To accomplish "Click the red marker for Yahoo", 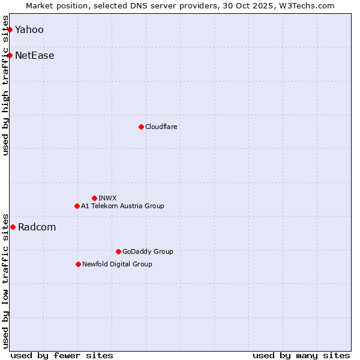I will (x=10, y=29).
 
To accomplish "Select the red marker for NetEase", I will (x=10, y=56).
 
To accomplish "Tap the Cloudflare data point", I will (x=141, y=127).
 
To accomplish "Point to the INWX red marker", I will (x=94, y=198).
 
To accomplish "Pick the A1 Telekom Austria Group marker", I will (x=77, y=206).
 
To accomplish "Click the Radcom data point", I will (x=13, y=227).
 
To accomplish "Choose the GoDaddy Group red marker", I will (x=118, y=251).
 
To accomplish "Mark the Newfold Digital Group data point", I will (x=78, y=264).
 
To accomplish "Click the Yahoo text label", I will (x=29, y=29).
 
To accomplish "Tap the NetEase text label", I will (x=35, y=56).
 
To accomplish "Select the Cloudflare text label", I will (x=161, y=127).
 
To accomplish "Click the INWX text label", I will (x=107, y=198).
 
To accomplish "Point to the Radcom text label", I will (x=37, y=227).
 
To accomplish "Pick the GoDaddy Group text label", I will (x=148, y=251).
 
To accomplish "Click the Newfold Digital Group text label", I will (x=117, y=264).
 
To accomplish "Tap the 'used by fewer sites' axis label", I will (x=62, y=355).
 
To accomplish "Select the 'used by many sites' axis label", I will (x=301, y=355).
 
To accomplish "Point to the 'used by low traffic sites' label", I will (x=6, y=281).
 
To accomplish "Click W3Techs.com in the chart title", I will (x=309, y=5).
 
